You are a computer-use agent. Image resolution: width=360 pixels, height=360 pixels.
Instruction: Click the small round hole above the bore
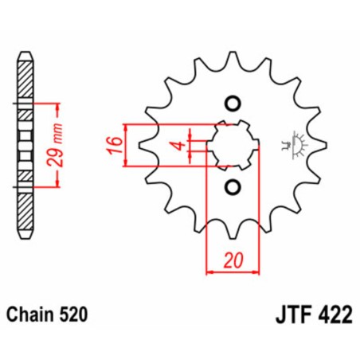point(233,103)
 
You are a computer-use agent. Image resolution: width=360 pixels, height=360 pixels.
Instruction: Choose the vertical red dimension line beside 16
point(126,146)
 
